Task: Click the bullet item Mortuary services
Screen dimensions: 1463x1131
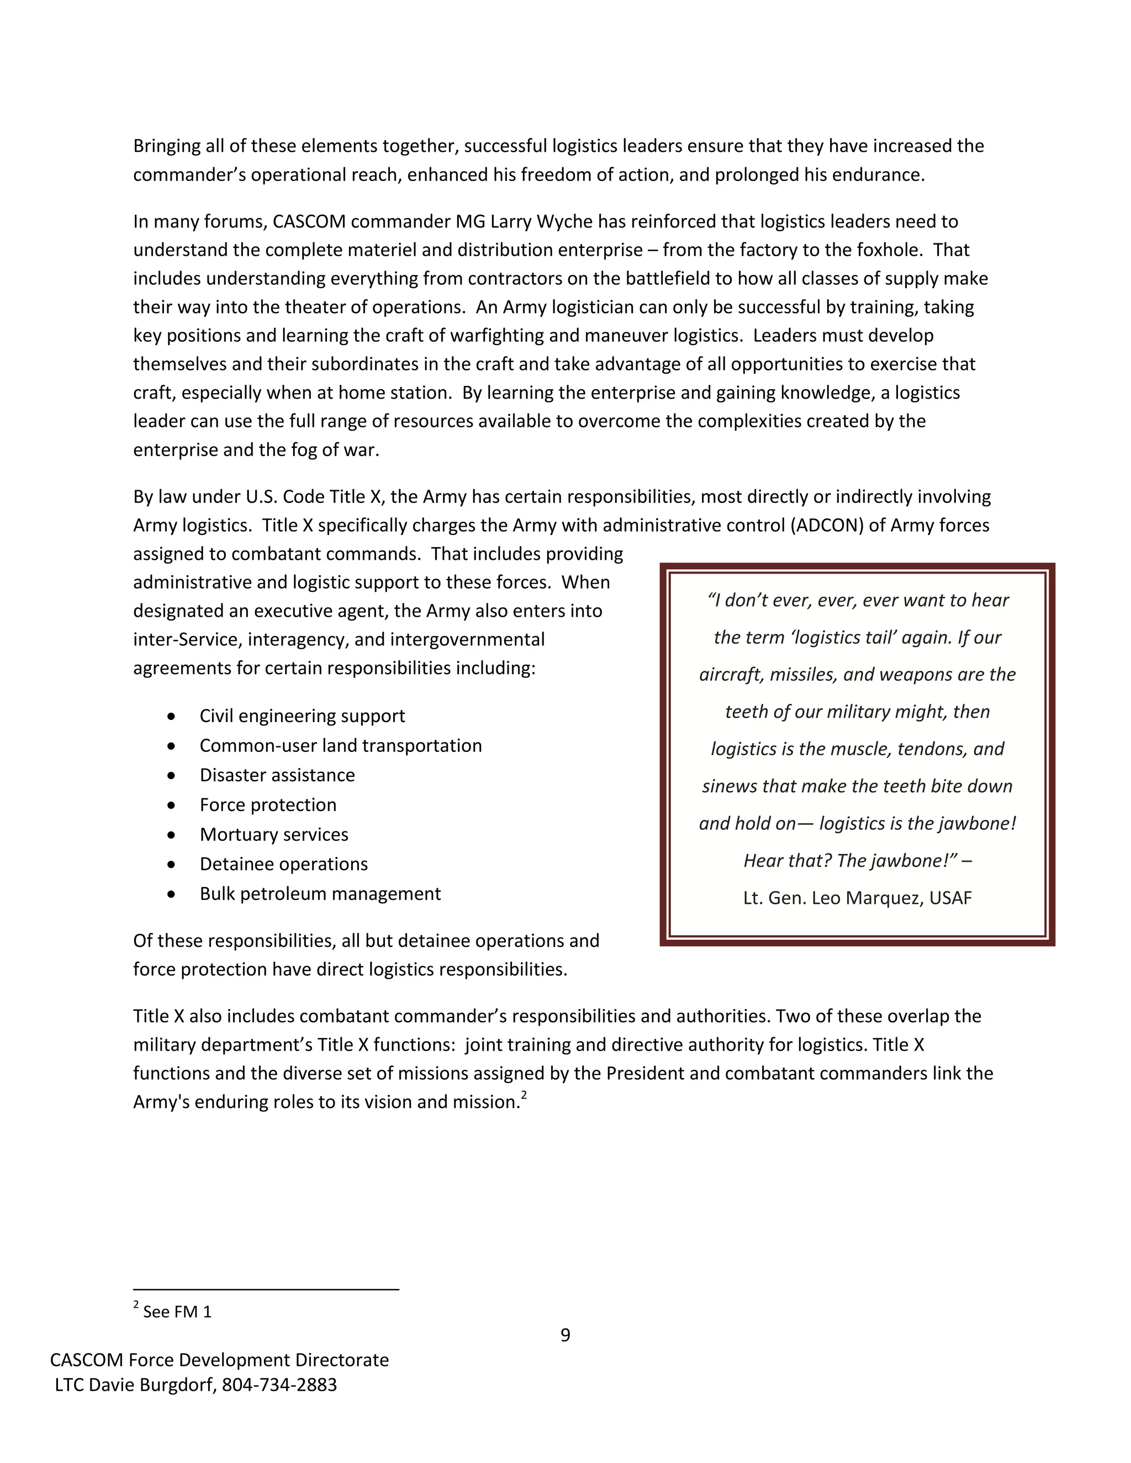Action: (273, 835)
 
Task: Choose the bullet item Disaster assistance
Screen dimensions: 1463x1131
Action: (277, 775)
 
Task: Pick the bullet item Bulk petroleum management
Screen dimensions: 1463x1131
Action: (320, 894)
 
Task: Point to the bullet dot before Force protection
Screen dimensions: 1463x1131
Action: (172, 805)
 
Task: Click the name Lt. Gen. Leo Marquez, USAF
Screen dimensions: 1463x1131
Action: (857, 898)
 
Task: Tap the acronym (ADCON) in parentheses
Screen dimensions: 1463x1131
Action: (827, 525)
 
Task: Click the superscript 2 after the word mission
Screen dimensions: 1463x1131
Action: (524, 1096)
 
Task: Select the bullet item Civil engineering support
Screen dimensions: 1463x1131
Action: (302, 716)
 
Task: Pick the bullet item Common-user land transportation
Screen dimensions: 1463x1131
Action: (340, 745)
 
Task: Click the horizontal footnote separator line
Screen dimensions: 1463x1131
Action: (266, 1289)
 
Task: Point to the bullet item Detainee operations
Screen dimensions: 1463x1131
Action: (283, 864)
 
